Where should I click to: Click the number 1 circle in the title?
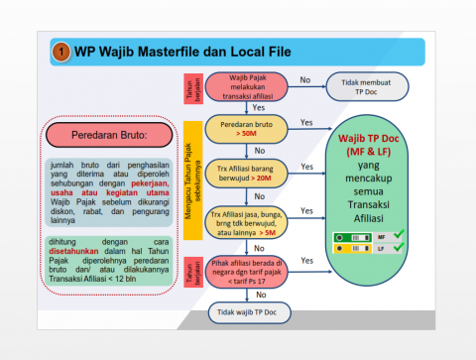61,51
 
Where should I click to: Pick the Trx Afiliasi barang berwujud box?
245,172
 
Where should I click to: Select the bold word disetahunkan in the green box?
77,251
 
